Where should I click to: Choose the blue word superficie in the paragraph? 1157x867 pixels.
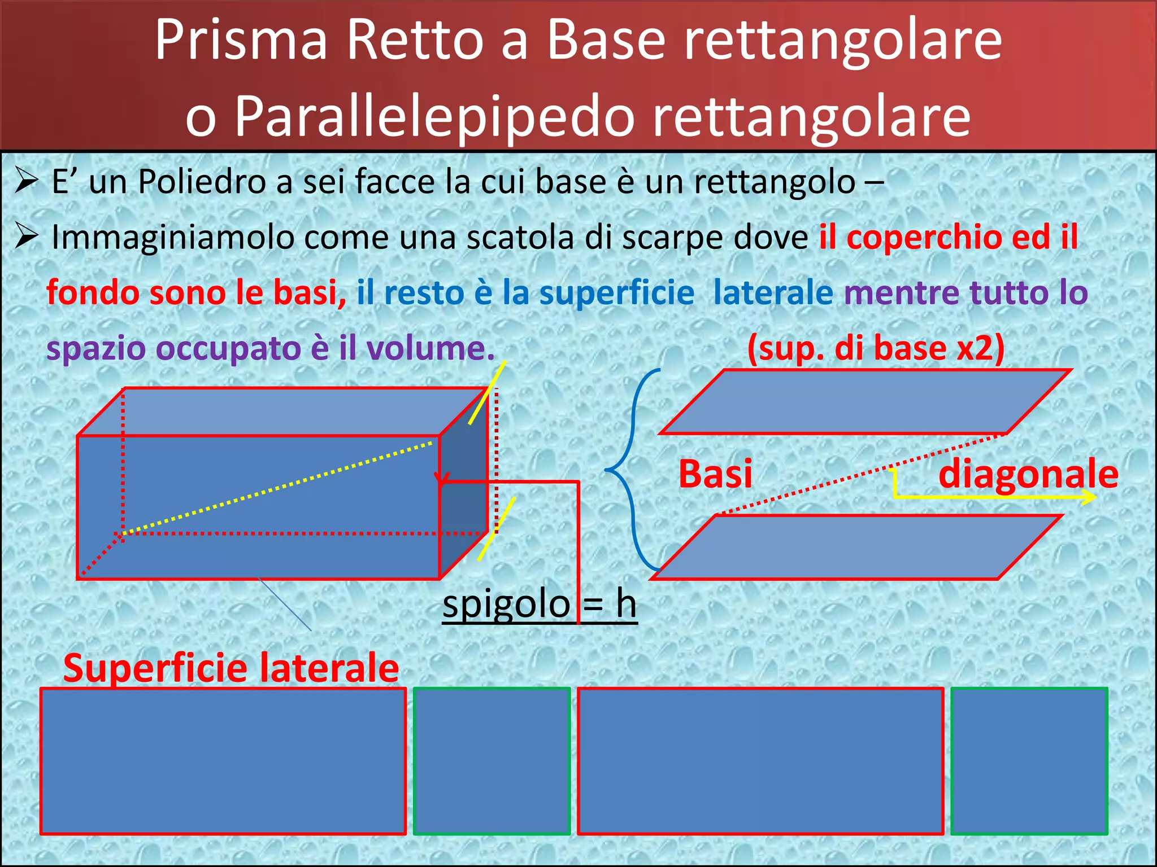[616, 293]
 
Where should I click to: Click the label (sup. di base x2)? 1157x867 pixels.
[876, 348]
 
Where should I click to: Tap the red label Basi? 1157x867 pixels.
[715, 474]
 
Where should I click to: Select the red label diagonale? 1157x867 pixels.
[1028, 474]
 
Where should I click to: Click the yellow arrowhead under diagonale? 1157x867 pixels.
[1090, 497]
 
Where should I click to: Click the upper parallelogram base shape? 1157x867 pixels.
[864, 402]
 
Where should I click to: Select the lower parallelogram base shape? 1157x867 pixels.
[856, 547]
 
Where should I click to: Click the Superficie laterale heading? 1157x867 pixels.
[231, 668]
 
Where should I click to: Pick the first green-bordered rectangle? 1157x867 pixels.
[492, 761]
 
